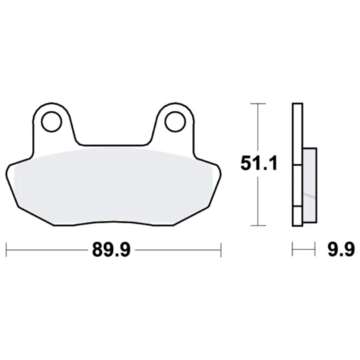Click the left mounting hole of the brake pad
[x=51, y=122]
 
